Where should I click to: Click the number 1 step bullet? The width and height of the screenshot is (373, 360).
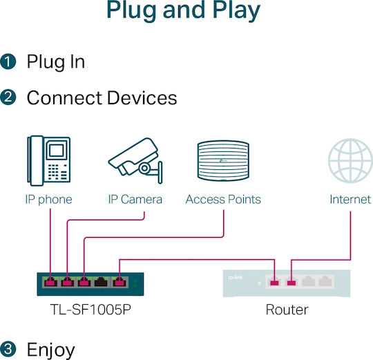(x=8, y=61)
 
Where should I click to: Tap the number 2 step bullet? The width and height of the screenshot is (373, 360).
(x=8, y=97)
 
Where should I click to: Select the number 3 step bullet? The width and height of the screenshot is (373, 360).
(x=8, y=349)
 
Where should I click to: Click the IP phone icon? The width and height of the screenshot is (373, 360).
(x=49, y=160)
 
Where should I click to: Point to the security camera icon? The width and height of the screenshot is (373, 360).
(x=135, y=160)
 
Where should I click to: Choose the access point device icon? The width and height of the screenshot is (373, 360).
(x=223, y=160)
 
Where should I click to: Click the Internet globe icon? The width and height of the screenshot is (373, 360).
(x=350, y=160)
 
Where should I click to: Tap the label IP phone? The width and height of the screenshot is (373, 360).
(x=49, y=200)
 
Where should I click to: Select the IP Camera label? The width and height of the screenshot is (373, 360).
(x=135, y=200)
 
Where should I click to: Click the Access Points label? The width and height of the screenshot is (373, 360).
(x=223, y=200)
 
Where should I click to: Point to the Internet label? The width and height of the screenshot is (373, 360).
(x=350, y=200)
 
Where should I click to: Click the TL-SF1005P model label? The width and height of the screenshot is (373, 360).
(x=90, y=310)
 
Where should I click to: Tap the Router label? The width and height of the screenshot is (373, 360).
(x=287, y=310)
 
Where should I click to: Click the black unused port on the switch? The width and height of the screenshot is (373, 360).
(x=101, y=282)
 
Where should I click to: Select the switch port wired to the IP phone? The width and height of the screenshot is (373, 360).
(x=50, y=282)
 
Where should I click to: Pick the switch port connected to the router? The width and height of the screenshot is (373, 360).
(x=119, y=282)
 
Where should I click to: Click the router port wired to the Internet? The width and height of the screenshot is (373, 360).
(x=291, y=282)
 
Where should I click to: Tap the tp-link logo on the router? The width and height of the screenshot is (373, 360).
(x=236, y=278)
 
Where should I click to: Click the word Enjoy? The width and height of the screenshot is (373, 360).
(x=51, y=350)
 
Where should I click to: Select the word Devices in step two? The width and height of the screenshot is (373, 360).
(x=142, y=97)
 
